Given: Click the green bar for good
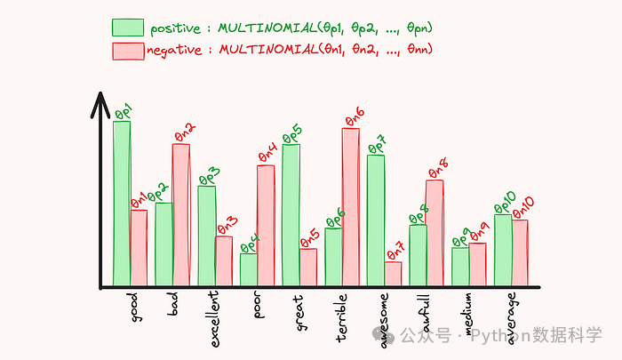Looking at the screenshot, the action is (x=122, y=204).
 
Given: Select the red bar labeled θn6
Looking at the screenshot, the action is (x=351, y=207).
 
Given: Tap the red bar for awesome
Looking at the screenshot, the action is (x=393, y=274).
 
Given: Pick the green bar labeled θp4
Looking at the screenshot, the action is (x=249, y=269).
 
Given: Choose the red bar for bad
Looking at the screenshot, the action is (x=181, y=215).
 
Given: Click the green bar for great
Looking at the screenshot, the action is (x=291, y=215).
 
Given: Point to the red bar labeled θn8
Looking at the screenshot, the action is (x=435, y=233).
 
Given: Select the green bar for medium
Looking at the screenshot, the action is (x=460, y=267).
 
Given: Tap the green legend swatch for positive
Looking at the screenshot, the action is (x=128, y=28).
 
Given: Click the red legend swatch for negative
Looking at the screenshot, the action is (x=128, y=52).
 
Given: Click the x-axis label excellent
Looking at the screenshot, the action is (x=214, y=319).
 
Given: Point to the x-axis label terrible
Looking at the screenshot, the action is (x=340, y=318).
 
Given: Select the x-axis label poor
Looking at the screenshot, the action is (x=258, y=305).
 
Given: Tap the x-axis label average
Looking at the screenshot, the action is (x=511, y=318).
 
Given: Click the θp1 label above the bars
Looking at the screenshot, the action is (x=124, y=111).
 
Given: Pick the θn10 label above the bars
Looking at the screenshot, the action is (x=523, y=208).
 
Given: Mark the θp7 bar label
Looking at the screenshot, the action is (x=378, y=145).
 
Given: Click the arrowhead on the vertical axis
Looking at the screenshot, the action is (x=100, y=104).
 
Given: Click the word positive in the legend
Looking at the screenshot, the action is (x=176, y=28).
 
